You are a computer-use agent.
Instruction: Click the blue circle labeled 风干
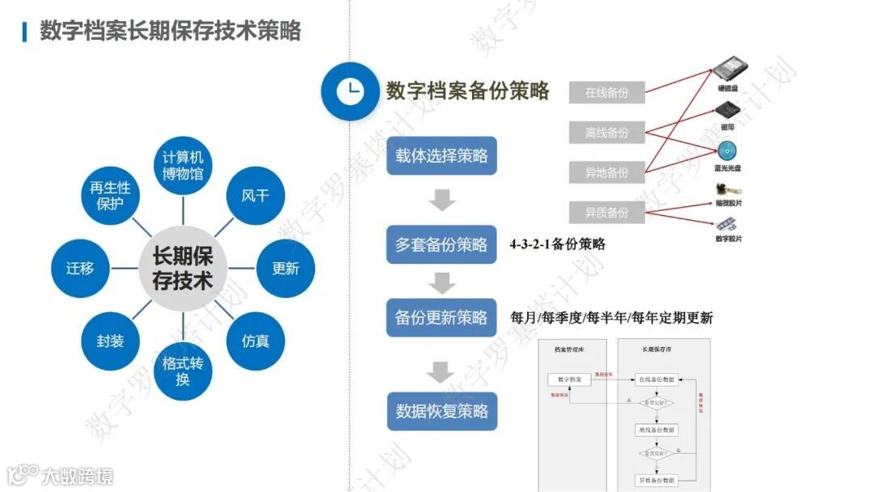255,196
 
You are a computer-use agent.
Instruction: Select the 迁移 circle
80,269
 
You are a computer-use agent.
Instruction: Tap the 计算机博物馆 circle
183,165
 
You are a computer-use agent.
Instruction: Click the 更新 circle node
285,268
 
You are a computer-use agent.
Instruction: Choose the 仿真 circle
255,341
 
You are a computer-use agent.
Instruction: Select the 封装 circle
110,341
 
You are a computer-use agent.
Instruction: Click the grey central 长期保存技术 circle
183,269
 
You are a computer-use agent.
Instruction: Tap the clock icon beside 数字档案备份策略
349,91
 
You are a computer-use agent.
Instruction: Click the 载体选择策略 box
441,156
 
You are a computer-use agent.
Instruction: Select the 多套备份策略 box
441,244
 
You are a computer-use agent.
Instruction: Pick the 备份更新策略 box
441,318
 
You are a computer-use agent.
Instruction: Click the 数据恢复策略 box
441,411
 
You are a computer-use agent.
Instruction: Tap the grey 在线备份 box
607,92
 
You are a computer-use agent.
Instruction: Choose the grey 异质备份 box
607,213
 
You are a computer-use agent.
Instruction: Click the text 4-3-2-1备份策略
558,244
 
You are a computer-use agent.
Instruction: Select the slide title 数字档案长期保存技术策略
171,31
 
